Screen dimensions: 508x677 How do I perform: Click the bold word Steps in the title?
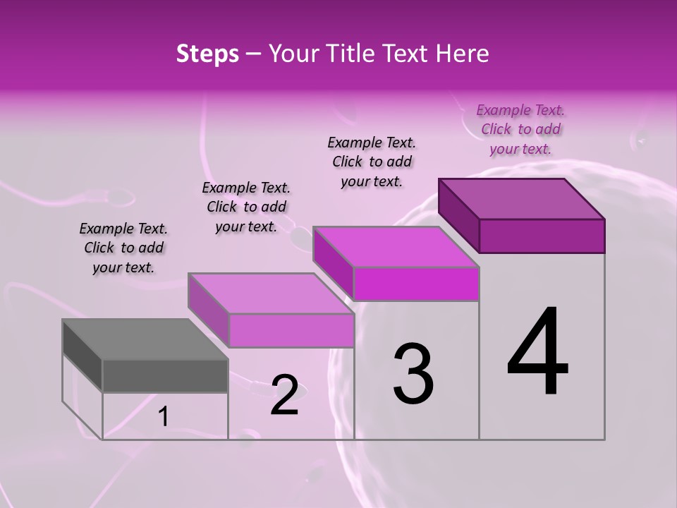tap(207, 54)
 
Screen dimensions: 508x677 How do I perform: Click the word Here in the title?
tap(461, 54)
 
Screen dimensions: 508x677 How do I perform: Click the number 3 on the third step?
tap(413, 373)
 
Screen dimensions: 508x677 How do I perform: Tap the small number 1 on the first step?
tap(164, 417)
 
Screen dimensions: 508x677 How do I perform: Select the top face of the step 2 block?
tap(271, 294)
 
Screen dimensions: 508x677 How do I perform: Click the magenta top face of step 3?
tap(396, 247)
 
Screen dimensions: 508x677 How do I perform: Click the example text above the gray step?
tap(123, 248)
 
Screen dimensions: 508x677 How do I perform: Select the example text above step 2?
tap(246, 207)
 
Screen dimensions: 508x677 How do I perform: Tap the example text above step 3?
tap(372, 162)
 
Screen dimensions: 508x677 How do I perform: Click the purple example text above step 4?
tap(520, 129)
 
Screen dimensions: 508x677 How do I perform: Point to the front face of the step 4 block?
tap(542, 236)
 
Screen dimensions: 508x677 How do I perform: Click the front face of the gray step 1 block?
tap(165, 375)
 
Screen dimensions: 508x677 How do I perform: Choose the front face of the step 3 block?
tap(416, 284)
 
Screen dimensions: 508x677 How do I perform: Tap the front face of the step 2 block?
tap(291, 330)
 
